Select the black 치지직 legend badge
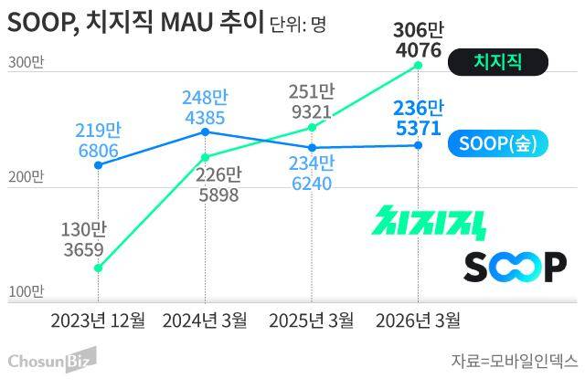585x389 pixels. (498, 62)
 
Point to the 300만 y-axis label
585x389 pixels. (25, 64)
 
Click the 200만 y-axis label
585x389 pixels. (25, 177)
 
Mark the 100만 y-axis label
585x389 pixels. (25, 292)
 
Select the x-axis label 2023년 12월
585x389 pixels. (98, 320)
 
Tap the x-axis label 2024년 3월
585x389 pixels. (205, 320)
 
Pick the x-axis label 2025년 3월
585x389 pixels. (312, 320)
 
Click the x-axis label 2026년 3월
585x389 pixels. (419, 320)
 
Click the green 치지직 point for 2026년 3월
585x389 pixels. (419, 65)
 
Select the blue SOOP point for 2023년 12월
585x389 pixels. (98, 165)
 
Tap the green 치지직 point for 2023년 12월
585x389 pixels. (98, 268)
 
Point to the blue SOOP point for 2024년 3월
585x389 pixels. (205, 132)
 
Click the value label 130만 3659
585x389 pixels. (82, 239)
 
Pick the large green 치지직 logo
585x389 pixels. (431, 223)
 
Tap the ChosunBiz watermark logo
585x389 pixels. (52, 362)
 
